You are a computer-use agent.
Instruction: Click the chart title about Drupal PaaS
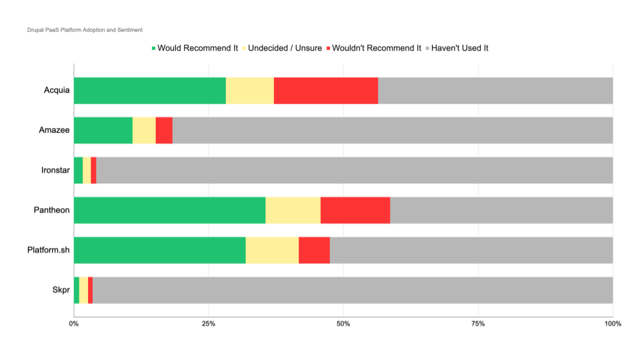[x=85, y=30]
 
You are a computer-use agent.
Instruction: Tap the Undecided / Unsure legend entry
[x=286, y=48]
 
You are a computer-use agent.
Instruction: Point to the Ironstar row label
[x=55, y=170]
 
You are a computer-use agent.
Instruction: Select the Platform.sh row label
[x=49, y=250]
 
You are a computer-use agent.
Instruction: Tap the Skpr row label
[x=61, y=290]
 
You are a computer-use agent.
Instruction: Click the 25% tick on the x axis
[x=209, y=323]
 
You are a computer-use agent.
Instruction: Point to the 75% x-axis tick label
[x=478, y=323]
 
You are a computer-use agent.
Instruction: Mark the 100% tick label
[x=612, y=323]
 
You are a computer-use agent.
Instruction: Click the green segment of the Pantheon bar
[x=169, y=210]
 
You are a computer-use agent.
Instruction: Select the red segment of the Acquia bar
[x=325, y=90]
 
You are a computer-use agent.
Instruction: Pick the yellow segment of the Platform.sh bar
[x=272, y=250]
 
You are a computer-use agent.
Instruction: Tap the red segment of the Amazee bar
[x=164, y=130]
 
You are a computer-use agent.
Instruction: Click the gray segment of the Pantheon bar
[x=501, y=210]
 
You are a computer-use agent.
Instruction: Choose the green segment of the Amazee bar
[x=103, y=130]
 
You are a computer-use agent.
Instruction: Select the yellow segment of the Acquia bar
[x=250, y=90]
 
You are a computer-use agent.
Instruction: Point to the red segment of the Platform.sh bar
[x=314, y=250]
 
